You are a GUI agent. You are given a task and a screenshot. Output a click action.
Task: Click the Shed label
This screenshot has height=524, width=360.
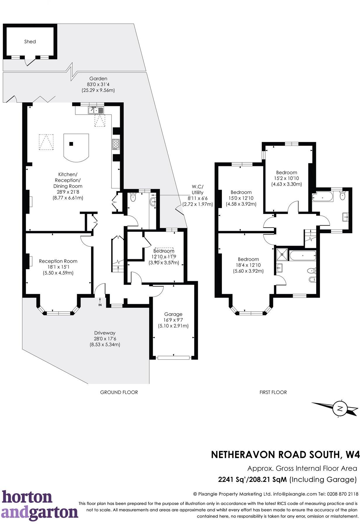click(30, 41)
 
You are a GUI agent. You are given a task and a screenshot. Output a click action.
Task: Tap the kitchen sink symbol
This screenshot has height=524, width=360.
click(96, 110)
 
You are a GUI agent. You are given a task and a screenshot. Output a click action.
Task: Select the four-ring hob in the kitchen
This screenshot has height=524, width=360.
click(116, 144)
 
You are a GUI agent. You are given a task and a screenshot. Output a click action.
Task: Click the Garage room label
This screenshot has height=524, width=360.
click(173, 314)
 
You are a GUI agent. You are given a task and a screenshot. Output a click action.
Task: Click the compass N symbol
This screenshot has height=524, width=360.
click(339, 409)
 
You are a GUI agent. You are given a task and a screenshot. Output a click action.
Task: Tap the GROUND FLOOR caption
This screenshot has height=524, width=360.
click(119, 392)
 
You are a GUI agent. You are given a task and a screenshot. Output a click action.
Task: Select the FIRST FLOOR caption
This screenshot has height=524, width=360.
click(273, 392)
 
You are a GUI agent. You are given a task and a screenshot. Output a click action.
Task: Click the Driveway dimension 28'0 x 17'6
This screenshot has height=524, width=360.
click(105, 339)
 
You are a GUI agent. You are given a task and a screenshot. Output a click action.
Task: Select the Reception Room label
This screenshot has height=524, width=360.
click(58, 261)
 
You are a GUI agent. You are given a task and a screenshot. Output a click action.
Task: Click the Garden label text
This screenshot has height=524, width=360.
click(98, 78)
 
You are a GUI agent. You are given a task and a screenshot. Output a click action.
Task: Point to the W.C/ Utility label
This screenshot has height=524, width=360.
click(197, 189)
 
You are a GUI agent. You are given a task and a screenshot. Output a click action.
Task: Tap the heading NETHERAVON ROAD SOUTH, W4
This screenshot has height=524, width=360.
click(285, 454)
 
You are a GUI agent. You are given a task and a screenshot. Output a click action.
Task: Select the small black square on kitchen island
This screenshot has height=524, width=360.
click(71, 143)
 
